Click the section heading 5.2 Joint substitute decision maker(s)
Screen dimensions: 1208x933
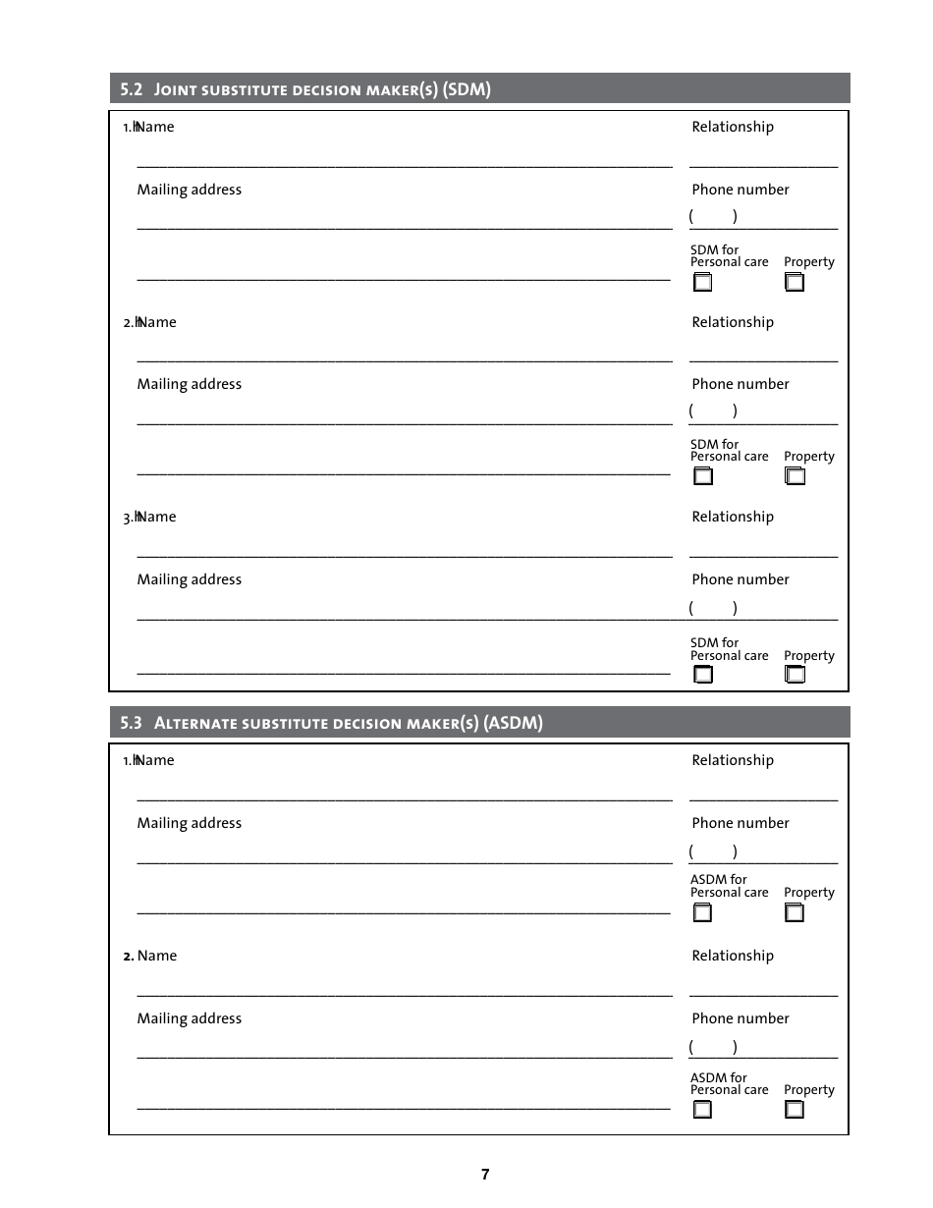[304, 89]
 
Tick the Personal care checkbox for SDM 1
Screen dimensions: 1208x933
[703, 283]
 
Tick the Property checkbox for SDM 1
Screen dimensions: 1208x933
[795, 283]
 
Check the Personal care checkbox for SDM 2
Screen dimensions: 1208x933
[703, 477]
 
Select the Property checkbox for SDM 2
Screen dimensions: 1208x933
[795, 477]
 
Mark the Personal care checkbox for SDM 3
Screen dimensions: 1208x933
[703, 675]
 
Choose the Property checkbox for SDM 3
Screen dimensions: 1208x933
[795, 675]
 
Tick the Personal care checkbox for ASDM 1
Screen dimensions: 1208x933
[703, 913]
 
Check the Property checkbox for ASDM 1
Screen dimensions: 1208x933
[795, 913]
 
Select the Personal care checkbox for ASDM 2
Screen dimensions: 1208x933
[703, 1110]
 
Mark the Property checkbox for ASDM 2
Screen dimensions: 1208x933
[795, 1110]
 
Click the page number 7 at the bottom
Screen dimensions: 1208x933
[485, 1174]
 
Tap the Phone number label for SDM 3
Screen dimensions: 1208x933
[740, 579]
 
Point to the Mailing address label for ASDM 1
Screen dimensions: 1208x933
[189, 823]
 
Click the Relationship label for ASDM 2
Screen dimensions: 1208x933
[732, 956]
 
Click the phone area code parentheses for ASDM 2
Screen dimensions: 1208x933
[713, 1047]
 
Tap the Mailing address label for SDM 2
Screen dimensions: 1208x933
[189, 384]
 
